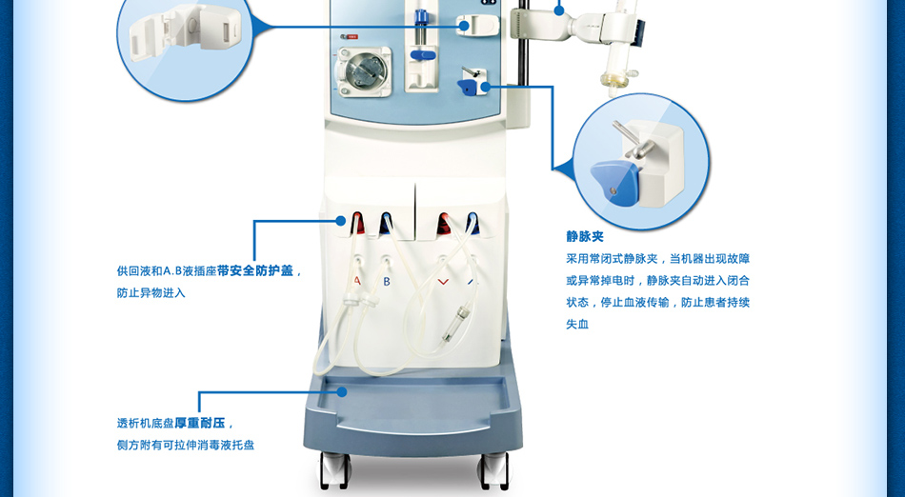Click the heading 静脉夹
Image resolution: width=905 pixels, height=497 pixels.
(x=584, y=236)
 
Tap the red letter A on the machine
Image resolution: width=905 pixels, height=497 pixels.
(x=357, y=282)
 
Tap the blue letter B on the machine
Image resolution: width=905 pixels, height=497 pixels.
(x=387, y=282)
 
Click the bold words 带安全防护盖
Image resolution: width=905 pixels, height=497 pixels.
(x=255, y=270)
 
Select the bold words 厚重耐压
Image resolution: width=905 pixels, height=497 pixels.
(x=200, y=423)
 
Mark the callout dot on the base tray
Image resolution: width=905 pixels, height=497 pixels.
(x=342, y=392)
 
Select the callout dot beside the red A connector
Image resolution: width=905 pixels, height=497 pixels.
(x=340, y=221)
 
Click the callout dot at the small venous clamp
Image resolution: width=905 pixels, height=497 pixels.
(x=485, y=87)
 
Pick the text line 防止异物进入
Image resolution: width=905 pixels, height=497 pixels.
(x=151, y=293)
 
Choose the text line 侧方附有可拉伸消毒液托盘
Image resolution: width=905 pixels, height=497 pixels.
(x=185, y=445)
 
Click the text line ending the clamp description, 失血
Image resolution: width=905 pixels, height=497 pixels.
(x=577, y=324)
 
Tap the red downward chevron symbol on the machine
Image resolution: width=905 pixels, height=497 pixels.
(x=443, y=282)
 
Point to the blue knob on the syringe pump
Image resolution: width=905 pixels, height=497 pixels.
(x=422, y=55)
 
